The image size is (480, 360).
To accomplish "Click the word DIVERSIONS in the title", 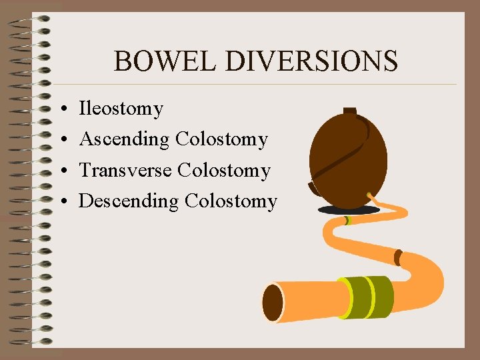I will [x=312, y=61].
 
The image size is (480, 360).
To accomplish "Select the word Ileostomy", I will [x=121, y=108].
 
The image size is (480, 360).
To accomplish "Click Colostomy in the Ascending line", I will [x=221, y=139].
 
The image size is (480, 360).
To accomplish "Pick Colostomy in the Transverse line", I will [x=224, y=170].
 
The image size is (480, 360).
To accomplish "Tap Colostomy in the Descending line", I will [x=231, y=201].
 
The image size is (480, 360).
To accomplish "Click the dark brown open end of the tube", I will [x=273, y=303].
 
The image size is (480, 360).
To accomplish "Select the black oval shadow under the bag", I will [x=349, y=209].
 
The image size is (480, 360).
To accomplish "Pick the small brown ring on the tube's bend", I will [x=398, y=257].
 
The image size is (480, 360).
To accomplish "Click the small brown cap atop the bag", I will [x=349, y=111].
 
